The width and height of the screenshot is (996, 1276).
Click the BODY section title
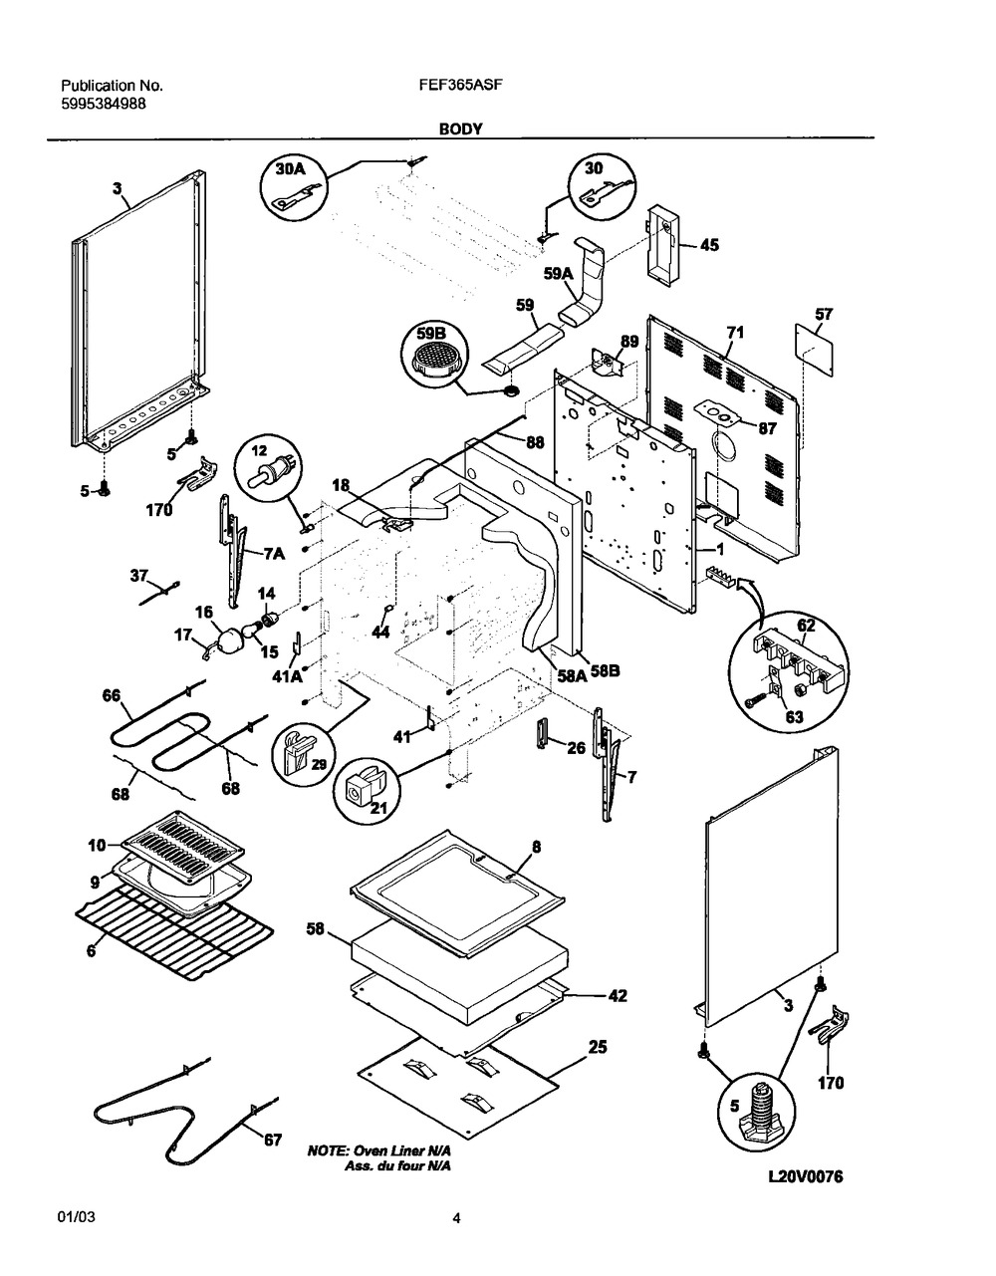tap(459, 128)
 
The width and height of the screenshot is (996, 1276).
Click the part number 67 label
tap(272, 1141)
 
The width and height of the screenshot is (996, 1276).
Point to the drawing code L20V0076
tap(806, 1176)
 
